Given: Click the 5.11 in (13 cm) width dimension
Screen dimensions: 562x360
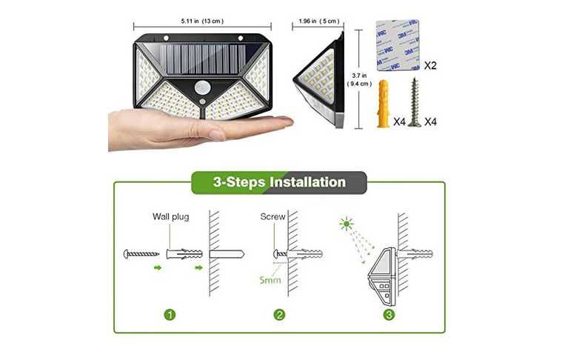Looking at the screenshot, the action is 202,21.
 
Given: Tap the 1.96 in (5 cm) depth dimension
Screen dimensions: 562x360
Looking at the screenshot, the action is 319,21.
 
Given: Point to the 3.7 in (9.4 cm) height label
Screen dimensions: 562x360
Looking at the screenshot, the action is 360,79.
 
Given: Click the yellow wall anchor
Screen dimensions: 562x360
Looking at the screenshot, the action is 382,104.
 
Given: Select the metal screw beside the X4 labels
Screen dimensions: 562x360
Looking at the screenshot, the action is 415,102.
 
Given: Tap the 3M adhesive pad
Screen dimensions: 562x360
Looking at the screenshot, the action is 398,45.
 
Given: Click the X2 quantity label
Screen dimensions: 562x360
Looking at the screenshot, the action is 430,66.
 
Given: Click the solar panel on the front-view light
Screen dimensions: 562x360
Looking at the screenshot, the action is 202,59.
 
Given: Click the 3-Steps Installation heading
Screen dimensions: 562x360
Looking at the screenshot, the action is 279,182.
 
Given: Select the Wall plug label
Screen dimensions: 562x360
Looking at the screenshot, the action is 170,216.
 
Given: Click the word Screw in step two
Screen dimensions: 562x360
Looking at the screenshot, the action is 272,216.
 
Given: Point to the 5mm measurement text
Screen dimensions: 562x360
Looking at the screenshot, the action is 270,280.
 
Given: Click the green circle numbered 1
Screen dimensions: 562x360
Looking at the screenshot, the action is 170,315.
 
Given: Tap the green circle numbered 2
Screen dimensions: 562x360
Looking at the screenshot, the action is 279,315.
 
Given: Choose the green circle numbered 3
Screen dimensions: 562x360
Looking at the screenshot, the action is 389,315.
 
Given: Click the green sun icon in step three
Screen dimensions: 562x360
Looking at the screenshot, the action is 347,224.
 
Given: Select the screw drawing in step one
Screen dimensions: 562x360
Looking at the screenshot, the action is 141,254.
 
